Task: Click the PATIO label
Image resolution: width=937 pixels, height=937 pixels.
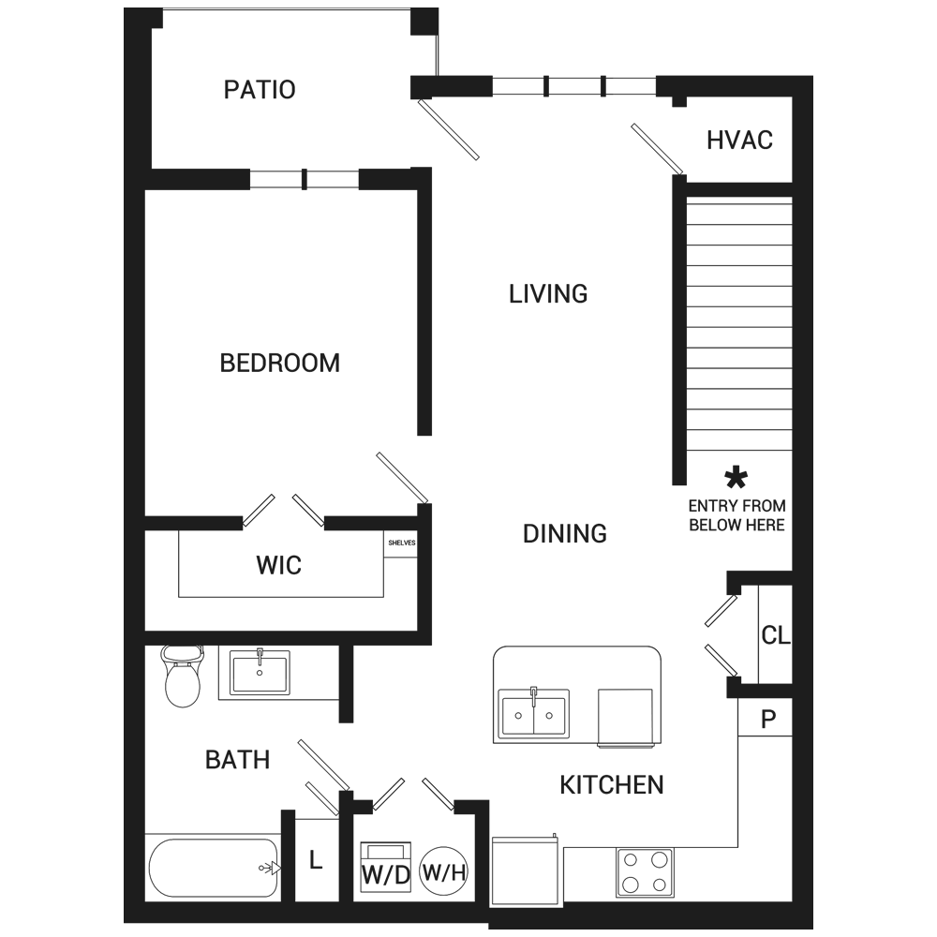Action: pos(260,90)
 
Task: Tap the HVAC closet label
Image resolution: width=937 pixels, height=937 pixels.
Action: pos(740,140)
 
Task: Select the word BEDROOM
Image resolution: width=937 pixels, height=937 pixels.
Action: pos(279,363)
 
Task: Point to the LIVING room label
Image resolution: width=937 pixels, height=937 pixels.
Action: pos(548,294)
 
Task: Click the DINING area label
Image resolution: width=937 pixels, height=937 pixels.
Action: pos(565,534)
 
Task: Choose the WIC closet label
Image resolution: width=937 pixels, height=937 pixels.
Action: pos(279,565)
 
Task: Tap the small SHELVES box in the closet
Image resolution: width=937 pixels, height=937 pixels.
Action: pos(400,543)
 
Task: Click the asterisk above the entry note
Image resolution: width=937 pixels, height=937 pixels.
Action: pos(736,478)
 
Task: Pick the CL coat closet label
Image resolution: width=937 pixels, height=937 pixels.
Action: pos(776,635)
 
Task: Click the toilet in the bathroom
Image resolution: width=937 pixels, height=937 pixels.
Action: pos(183,676)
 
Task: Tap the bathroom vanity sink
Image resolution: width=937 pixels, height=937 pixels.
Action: pos(260,672)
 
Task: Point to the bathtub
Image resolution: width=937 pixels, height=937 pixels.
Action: pos(214,868)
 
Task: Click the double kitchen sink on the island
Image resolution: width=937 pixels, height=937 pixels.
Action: pos(534,714)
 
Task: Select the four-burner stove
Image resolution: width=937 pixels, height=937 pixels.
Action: pos(645,872)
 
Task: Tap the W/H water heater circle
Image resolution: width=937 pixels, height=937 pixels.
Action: pos(444,871)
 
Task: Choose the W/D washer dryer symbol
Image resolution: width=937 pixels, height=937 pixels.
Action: pos(385,868)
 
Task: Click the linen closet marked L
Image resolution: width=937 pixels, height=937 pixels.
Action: pos(316,860)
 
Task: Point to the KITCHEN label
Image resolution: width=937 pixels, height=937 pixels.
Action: pos(611,785)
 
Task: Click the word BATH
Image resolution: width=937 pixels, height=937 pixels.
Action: pos(237,760)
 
